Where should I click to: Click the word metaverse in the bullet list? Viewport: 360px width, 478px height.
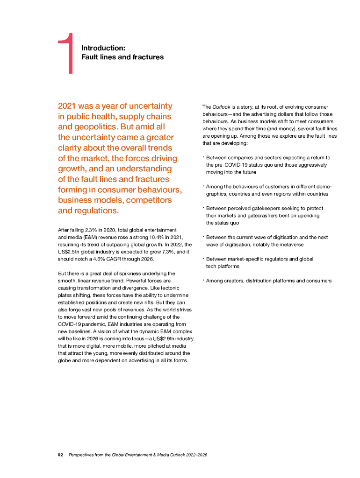(290, 244)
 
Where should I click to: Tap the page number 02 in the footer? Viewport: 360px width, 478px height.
(60, 454)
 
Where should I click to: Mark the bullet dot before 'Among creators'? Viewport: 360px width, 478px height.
(203, 280)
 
